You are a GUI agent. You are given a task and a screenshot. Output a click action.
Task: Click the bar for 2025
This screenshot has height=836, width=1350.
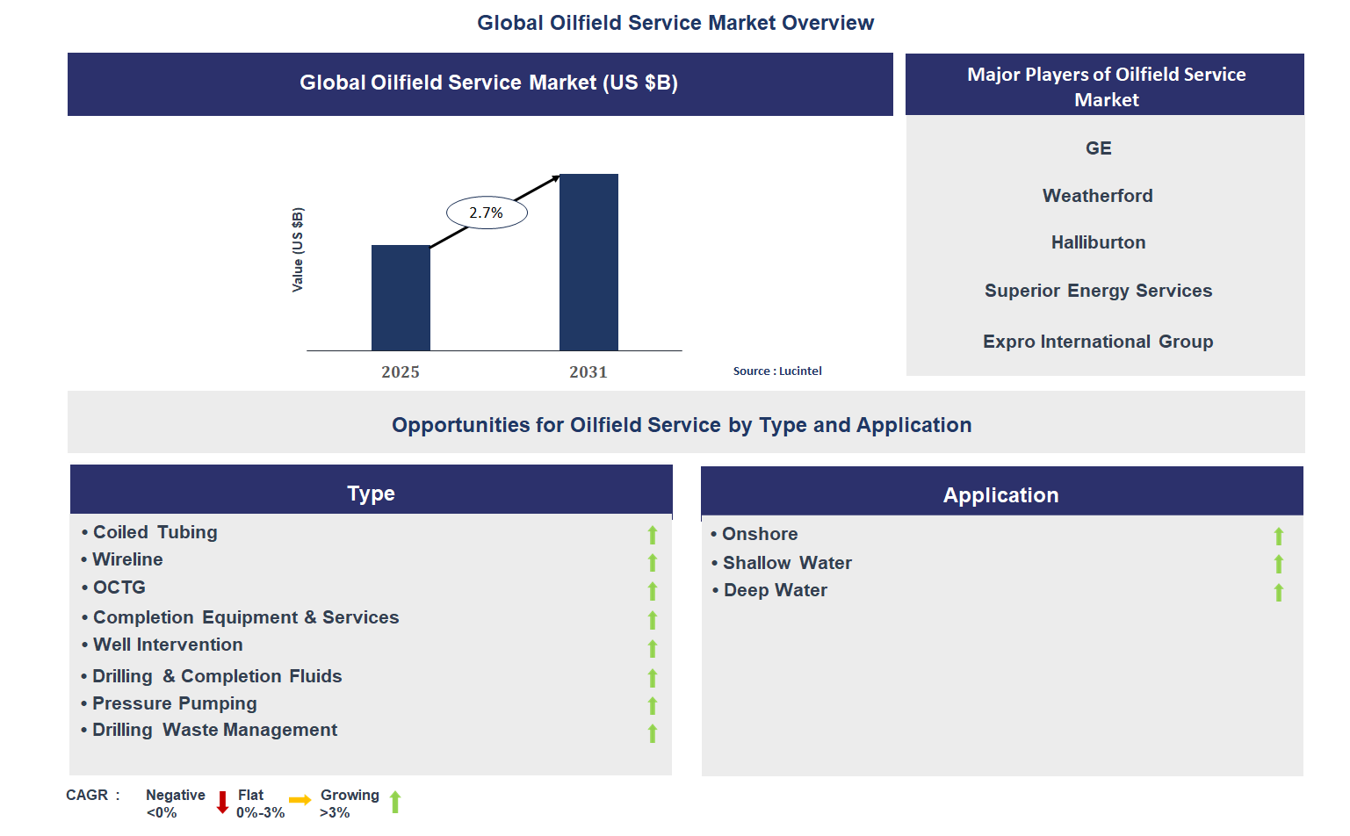tap(401, 298)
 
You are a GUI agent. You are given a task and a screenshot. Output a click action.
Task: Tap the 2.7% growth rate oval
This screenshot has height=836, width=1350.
tap(487, 213)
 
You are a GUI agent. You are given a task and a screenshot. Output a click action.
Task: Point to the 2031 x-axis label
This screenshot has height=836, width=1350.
tap(588, 372)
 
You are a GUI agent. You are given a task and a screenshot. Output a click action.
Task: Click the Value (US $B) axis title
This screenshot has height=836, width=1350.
tap(298, 249)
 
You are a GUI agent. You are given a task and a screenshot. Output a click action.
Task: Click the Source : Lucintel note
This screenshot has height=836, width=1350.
tap(777, 371)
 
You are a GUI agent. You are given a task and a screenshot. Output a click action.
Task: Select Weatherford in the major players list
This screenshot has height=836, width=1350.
tap(1097, 196)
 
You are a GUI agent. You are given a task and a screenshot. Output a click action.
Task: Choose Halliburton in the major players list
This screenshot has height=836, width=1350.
tap(1098, 242)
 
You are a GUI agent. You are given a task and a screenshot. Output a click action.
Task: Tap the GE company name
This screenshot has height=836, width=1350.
tap(1098, 148)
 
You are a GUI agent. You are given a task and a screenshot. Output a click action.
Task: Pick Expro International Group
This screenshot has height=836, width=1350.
tap(1098, 342)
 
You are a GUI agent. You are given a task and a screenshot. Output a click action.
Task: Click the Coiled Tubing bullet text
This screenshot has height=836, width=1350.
tap(155, 532)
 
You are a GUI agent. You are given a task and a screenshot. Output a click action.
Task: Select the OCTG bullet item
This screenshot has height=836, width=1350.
tap(119, 587)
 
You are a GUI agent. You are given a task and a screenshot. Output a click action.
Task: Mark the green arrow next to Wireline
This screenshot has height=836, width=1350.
tap(653, 563)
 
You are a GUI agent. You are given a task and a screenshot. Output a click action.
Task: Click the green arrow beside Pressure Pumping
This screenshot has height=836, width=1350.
tap(653, 706)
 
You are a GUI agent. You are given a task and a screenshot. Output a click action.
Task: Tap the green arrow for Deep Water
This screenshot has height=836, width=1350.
tap(1279, 593)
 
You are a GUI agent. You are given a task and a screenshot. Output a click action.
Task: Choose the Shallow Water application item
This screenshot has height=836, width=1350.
tap(787, 563)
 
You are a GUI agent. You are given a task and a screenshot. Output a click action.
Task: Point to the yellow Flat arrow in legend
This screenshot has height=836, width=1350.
tap(300, 800)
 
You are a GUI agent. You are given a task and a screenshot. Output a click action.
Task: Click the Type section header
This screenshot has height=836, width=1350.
tap(371, 493)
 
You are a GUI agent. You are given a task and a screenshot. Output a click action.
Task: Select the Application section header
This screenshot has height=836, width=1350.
tap(1000, 495)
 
